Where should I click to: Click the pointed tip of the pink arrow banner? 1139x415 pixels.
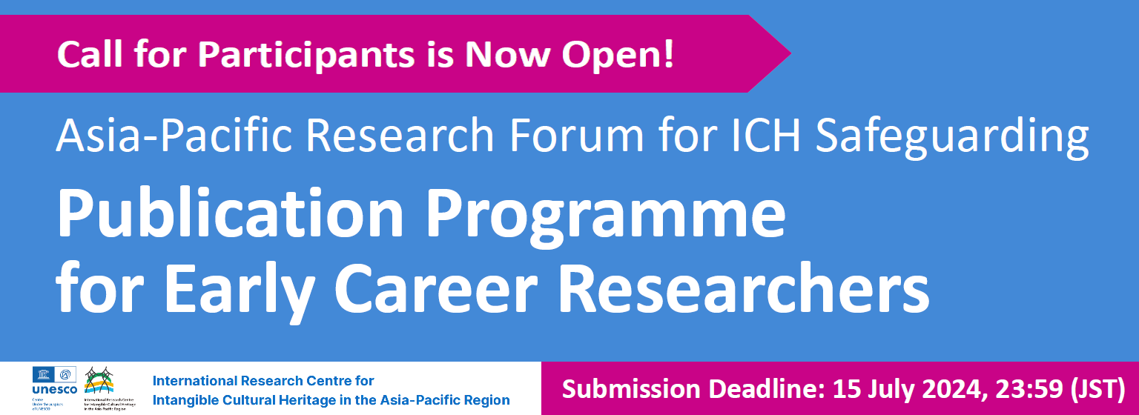point(789,53)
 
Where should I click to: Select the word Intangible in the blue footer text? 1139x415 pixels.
point(182,400)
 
